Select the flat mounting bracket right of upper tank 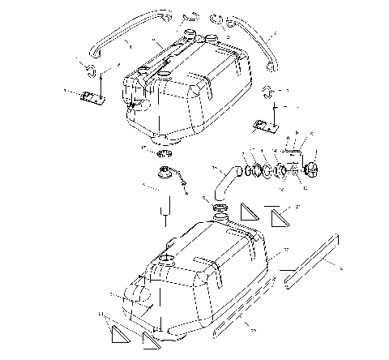coord(263,126)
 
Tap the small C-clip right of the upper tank coord(268,89)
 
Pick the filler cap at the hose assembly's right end coord(311,168)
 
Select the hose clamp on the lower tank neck coord(220,211)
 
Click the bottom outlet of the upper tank coord(159,131)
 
